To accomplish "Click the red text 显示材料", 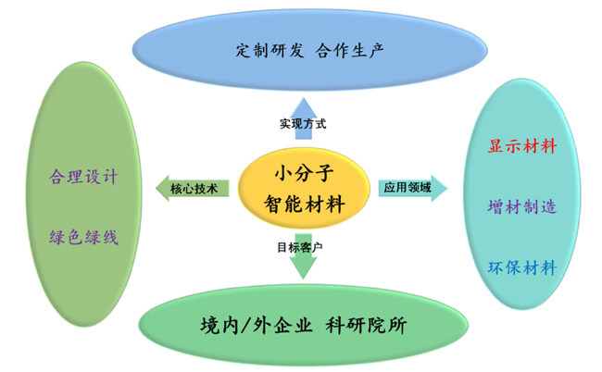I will [x=522, y=147].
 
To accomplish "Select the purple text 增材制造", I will [x=522, y=207].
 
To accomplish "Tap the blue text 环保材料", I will [x=522, y=268].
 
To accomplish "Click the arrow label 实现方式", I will [x=303, y=122].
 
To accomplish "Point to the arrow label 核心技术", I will [x=194, y=188].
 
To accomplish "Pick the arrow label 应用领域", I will [x=408, y=188].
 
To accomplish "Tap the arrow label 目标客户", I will [x=302, y=248].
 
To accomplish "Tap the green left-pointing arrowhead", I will [x=161, y=188].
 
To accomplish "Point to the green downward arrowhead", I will [x=302, y=270].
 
